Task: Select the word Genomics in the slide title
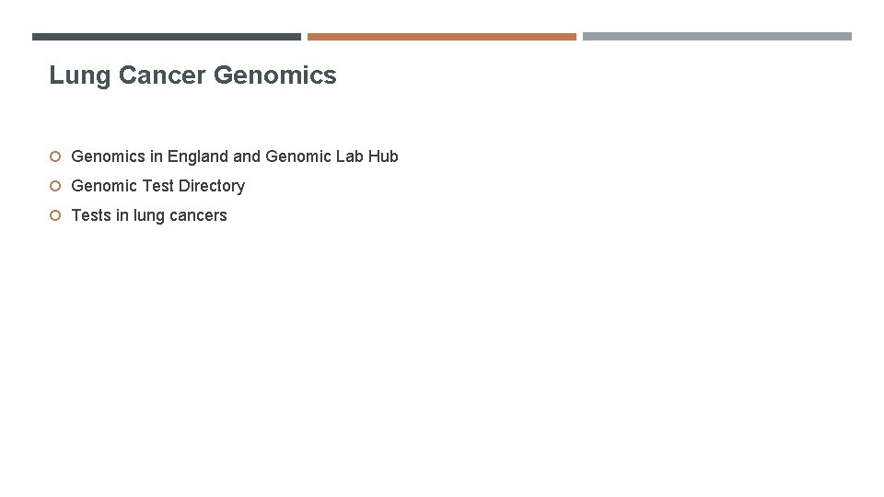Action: click(x=275, y=75)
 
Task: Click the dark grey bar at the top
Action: click(x=166, y=37)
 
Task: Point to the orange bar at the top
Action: click(x=441, y=37)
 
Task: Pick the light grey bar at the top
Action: click(x=716, y=37)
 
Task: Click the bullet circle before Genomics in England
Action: click(x=55, y=156)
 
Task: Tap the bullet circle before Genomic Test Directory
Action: click(x=55, y=186)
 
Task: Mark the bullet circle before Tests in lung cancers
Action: click(x=55, y=215)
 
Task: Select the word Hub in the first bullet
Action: click(x=384, y=156)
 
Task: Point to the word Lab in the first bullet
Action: click(x=350, y=156)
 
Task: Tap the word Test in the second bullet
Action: click(x=157, y=186)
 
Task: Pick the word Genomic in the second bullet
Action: click(x=103, y=186)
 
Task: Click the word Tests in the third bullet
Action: click(x=91, y=215)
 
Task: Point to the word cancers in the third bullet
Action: click(x=198, y=215)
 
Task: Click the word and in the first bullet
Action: click(x=247, y=156)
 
